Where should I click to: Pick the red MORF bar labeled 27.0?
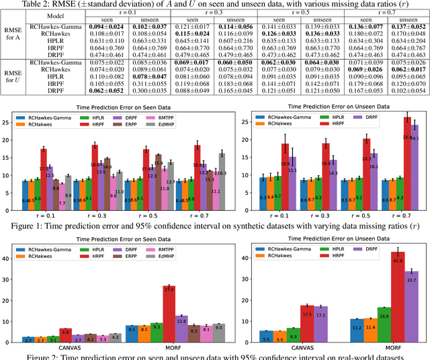pyautogui.click(x=170, y=310)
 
